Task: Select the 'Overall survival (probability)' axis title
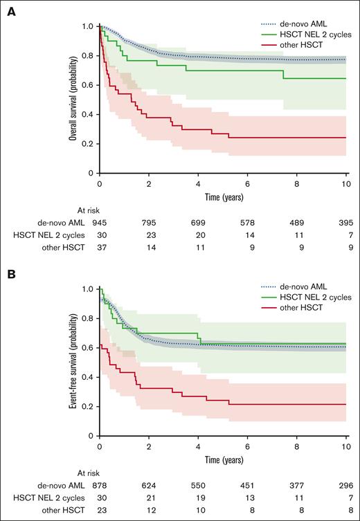pos(73,100)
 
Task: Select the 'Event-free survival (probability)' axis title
pos(73,362)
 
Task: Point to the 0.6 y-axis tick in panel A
pos(87,85)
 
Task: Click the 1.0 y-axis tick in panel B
pos(87,289)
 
